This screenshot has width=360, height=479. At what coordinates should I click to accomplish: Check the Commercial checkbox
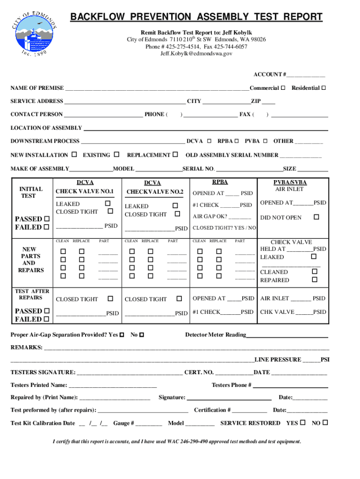pyautogui.click(x=283, y=88)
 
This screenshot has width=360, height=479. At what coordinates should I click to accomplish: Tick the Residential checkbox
pyautogui.click(x=324, y=88)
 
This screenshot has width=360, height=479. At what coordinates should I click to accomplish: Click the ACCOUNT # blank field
pyautogui.click(x=306, y=75)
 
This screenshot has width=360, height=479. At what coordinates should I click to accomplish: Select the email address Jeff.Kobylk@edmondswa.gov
pyautogui.click(x=196, y=54)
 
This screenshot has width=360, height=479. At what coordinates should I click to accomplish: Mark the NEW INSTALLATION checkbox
pyautogui.click(x=74, y=155)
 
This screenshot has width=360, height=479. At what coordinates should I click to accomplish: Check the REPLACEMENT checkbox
pyautogui.click(x=175, y=155)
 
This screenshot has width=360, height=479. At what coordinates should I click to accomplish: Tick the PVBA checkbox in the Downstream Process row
pyautogui.click(x=265, y=141)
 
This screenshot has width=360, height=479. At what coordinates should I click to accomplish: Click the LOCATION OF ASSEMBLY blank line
pyautogui.click(x=206, y=128)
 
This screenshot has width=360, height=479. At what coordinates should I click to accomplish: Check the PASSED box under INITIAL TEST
pyautogui.click(x=46, y=219)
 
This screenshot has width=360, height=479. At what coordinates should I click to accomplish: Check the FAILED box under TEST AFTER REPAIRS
pyautogui.click(x=46, y=319)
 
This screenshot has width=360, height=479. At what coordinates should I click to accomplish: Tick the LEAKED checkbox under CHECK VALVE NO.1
pyautogui.click(x=108, y=203)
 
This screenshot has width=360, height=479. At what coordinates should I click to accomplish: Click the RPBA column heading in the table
pyautogui.click(x=220, y=182)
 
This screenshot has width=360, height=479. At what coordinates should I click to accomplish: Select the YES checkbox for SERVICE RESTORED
pyautogui.click(x=302, y=422)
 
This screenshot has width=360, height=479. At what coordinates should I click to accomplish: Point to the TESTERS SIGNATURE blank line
pyautogui.click(x=129, y=373)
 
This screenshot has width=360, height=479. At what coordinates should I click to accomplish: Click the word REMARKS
pyautogui.click(x=26, y=348)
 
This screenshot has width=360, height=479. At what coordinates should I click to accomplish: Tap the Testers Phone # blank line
pyautogui.click(x=290, y=386)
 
